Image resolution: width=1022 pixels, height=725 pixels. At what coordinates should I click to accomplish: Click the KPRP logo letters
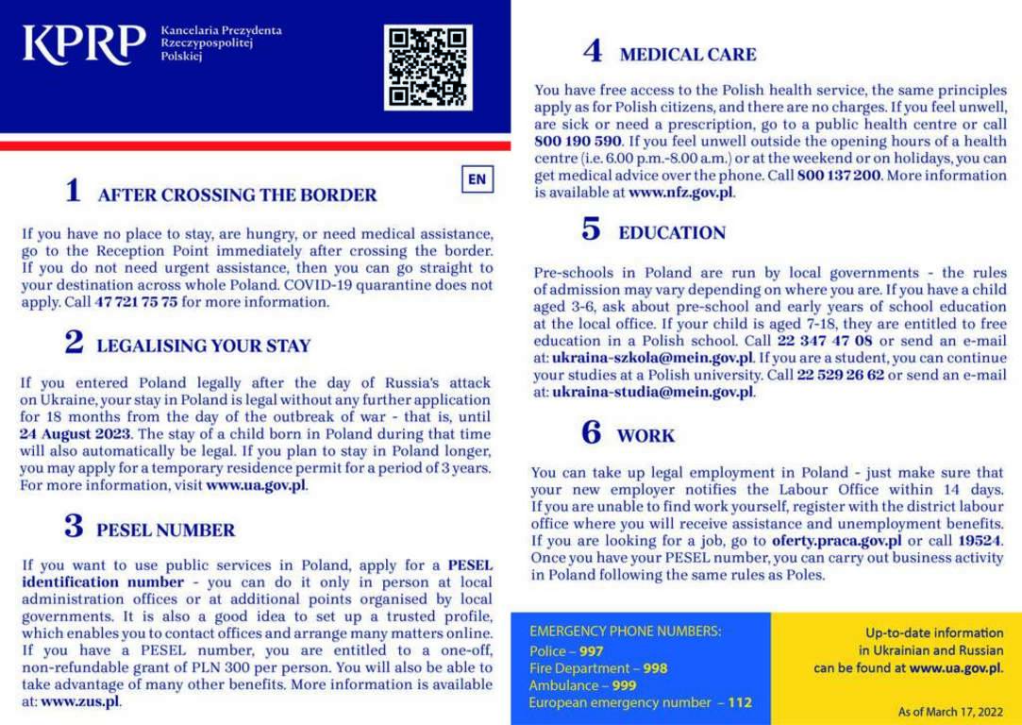coord(84,44)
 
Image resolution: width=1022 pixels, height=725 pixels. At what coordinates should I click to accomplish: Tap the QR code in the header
coord(427,67)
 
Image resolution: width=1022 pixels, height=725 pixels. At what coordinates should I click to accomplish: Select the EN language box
coord(477,179)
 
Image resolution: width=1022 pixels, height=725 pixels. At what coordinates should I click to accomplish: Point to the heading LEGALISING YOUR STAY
coord(203,346)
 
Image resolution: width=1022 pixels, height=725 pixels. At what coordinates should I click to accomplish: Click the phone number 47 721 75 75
coord(136,303)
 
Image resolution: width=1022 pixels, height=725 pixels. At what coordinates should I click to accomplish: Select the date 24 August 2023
coord(75,435)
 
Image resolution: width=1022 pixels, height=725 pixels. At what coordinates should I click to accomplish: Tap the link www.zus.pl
coord(80,701)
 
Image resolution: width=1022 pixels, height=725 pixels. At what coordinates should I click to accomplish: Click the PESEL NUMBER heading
coord(165,530)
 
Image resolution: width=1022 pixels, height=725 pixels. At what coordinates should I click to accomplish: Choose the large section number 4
coord(593,51)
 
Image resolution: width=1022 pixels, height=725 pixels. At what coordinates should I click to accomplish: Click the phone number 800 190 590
coord(578,141)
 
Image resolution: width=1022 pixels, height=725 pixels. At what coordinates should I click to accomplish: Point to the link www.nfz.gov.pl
coord(680,193)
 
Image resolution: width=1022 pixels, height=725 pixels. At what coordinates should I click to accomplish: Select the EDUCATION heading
coord(672,232)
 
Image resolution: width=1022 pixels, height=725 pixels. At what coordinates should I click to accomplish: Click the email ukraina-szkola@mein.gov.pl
coord(652,358)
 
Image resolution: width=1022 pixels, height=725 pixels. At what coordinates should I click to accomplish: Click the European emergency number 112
coord(740,702)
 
